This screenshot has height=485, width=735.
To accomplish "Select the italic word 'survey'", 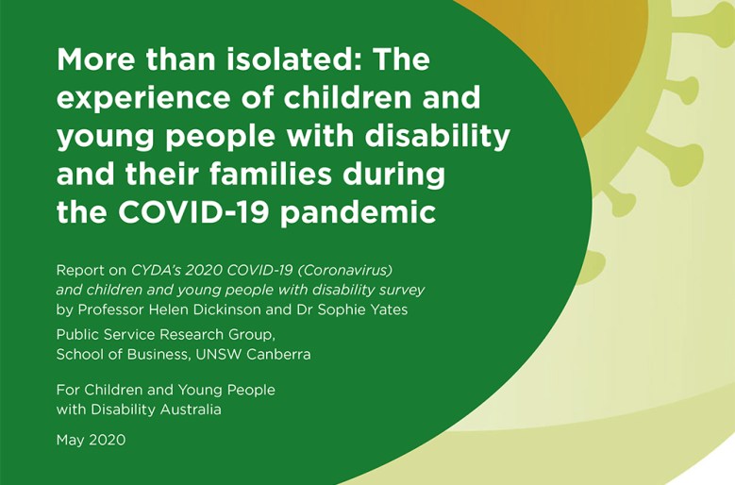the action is click(x=403, y=291).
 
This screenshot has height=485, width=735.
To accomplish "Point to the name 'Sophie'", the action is click(x=340, y=310).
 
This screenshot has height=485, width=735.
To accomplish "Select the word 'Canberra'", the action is click(x=278, y=354).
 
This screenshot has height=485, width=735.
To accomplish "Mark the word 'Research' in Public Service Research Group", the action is click(x=192, y=335).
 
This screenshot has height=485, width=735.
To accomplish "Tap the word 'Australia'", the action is click(x=191, y=410).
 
